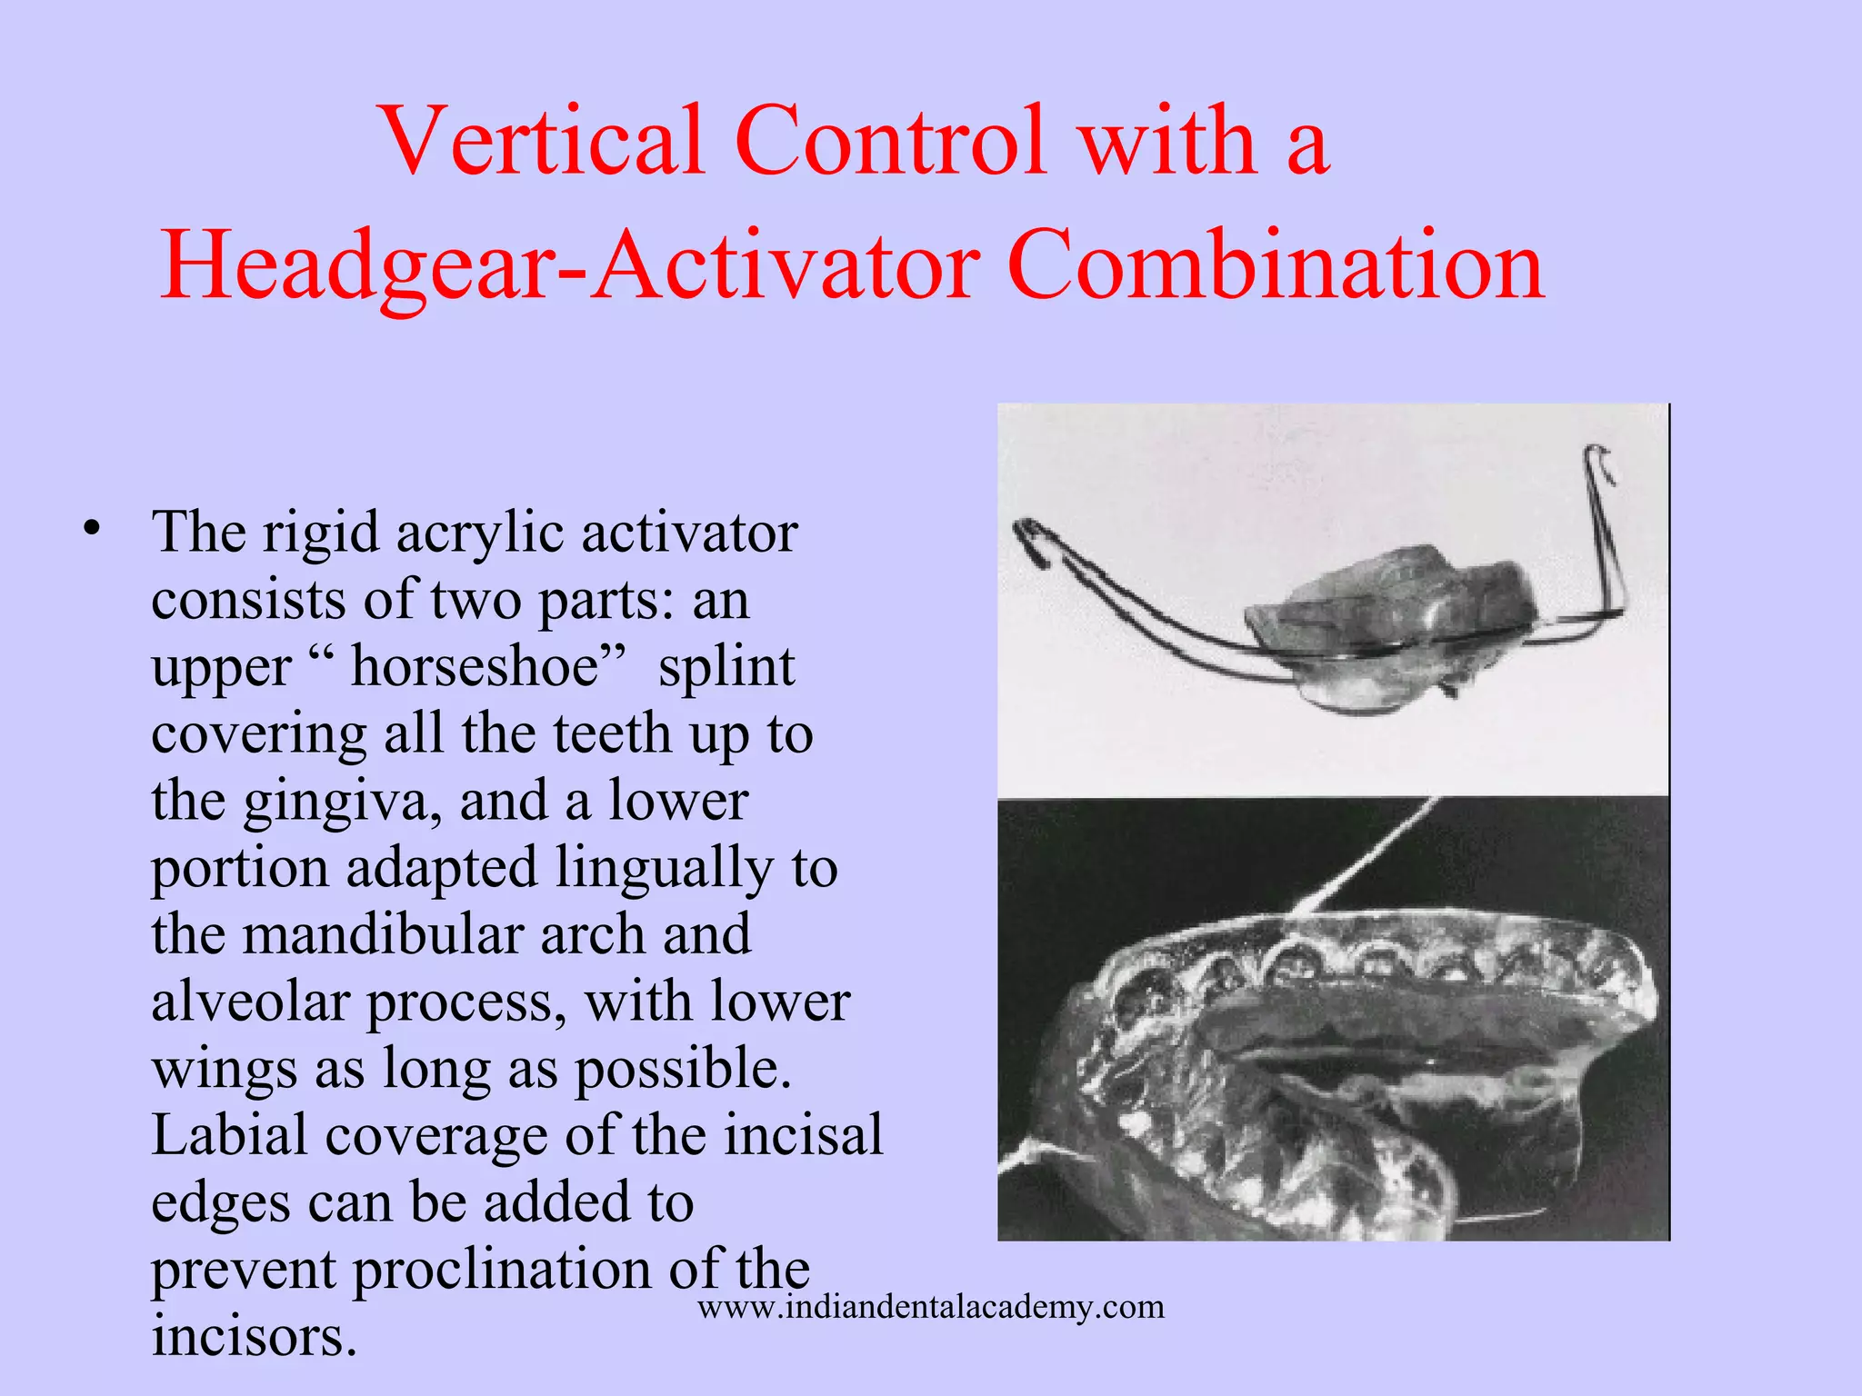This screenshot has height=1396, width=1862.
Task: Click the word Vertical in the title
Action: click(543, 141)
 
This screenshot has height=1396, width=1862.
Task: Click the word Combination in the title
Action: click(1275, 265)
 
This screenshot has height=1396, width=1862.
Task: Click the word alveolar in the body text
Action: click(251, 1002)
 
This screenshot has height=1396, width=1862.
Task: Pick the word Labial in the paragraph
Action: click(228, 1135)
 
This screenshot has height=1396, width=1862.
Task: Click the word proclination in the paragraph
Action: click(501, 1269)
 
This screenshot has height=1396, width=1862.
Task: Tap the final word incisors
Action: click(253, 1336)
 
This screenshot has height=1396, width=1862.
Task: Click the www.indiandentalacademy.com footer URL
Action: click(930, 1307)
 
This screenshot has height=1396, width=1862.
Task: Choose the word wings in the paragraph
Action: click(225, 1069)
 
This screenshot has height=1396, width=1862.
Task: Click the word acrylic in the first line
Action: click(481, 533)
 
